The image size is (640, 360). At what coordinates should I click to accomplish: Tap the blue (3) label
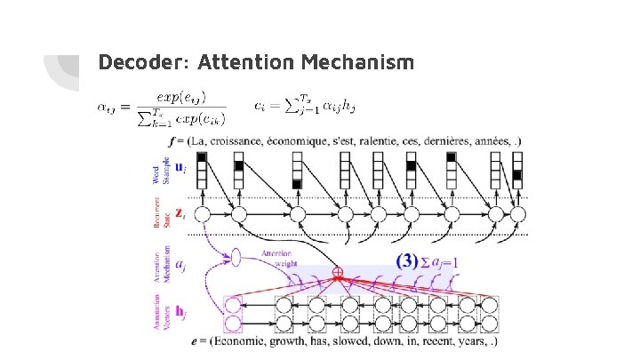406,261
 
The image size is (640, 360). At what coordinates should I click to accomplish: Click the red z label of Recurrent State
180,213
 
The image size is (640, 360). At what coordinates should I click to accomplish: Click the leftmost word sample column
202,170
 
